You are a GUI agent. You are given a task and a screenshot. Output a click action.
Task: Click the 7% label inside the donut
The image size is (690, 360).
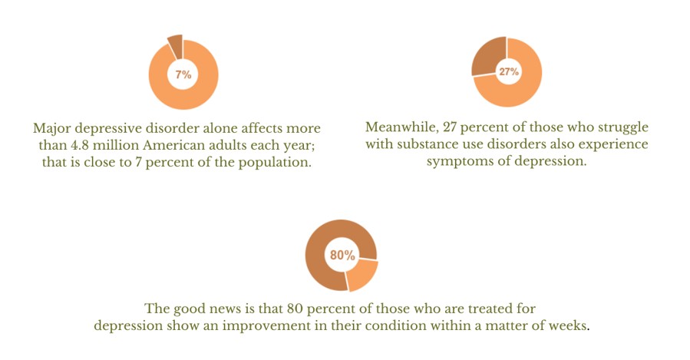183,74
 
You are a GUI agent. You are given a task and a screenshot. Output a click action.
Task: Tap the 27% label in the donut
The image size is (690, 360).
508,71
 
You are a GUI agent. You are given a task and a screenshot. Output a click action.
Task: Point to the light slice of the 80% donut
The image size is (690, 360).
362,274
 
